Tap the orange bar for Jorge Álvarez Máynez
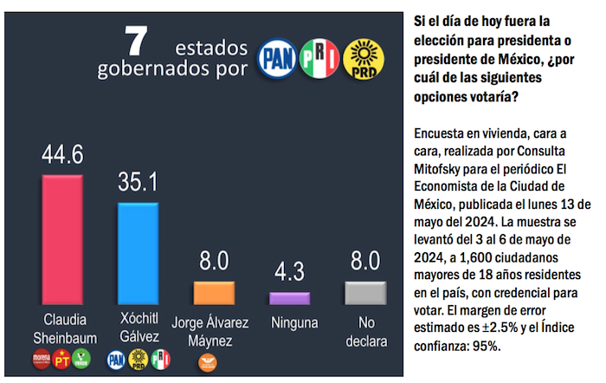click(x=214, y=293)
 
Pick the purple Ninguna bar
click(x=290, y=298)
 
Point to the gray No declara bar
click(x=364, y=293)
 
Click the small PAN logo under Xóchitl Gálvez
click(x=116, y=358)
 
